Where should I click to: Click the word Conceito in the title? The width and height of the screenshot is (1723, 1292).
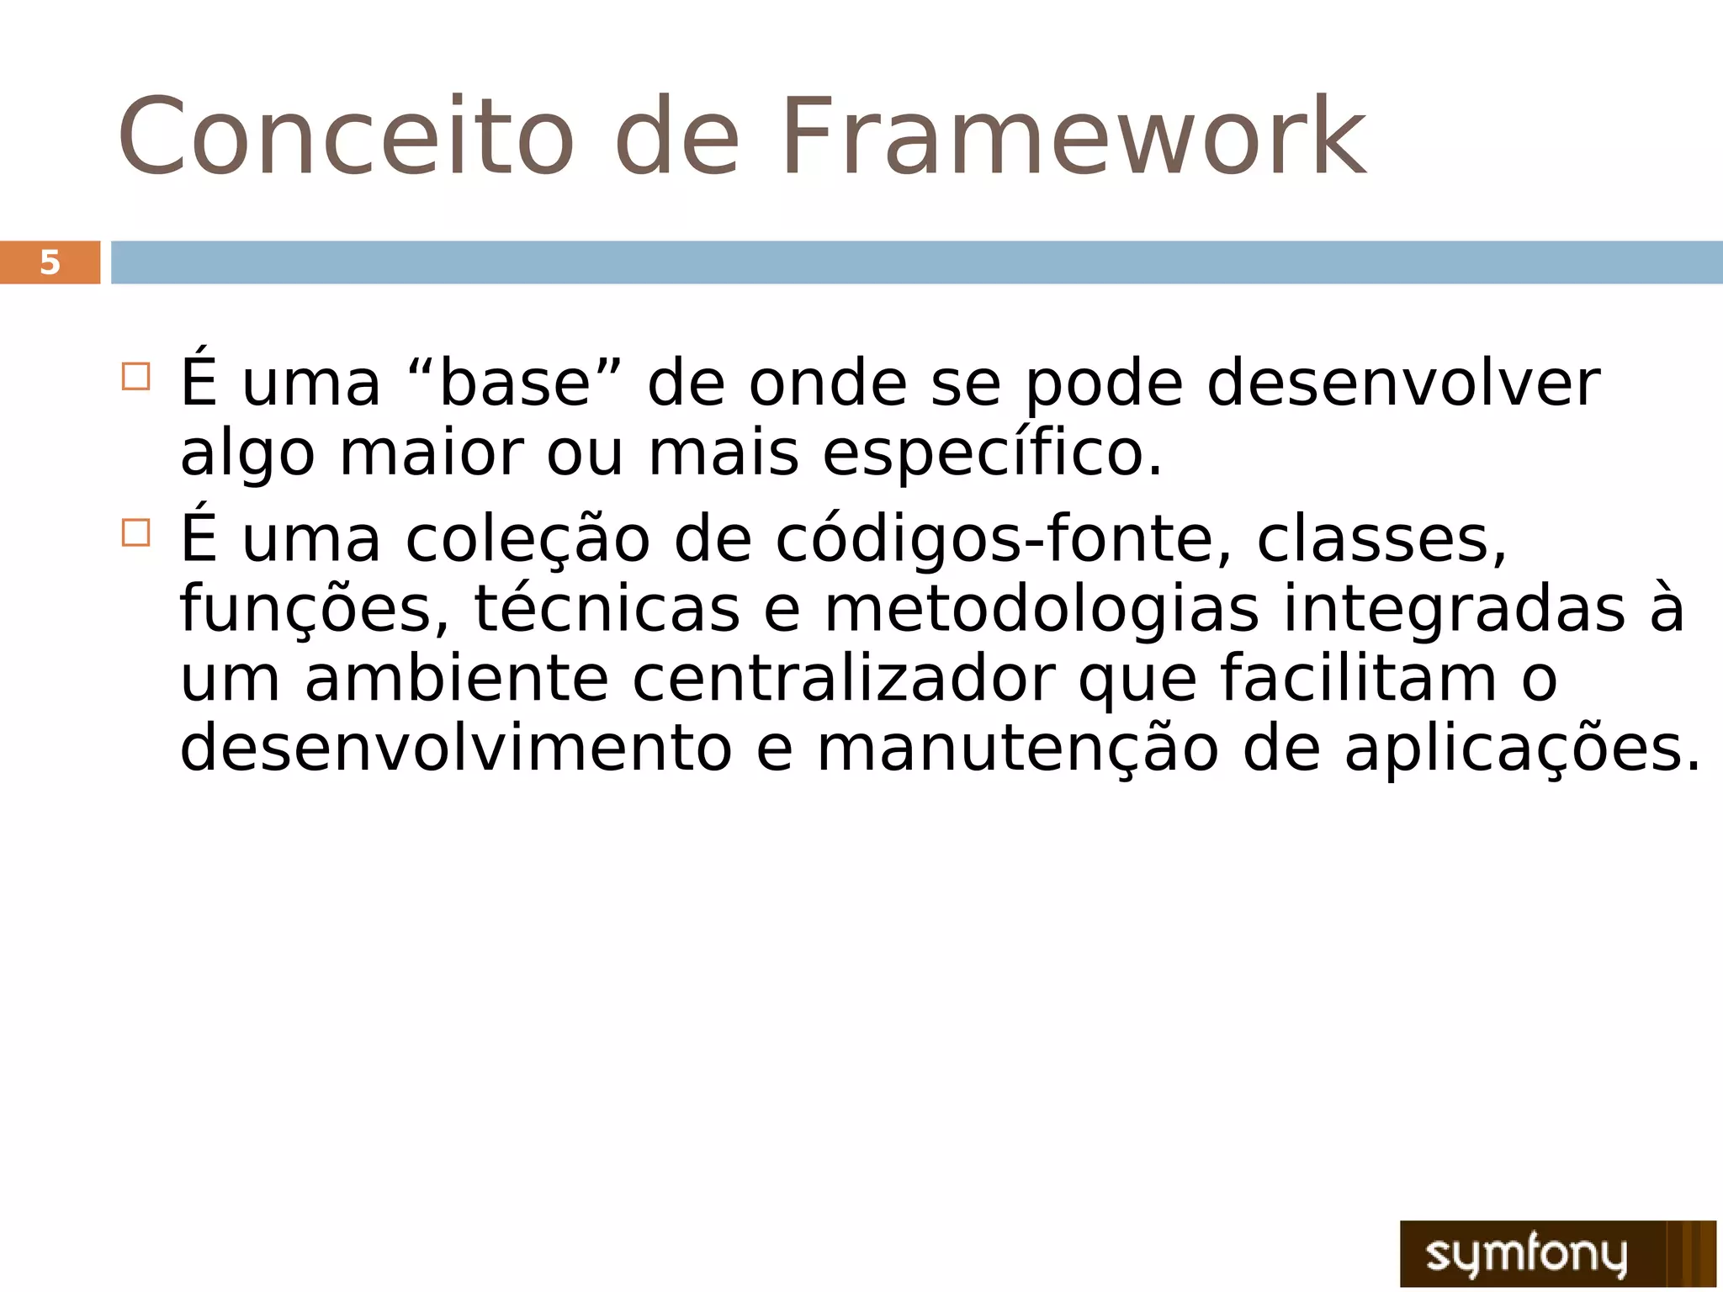[x=345, y=137]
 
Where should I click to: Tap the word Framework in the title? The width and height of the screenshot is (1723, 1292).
[x=1074, y=137]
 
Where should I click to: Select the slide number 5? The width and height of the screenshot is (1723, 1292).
[x=50, y=262]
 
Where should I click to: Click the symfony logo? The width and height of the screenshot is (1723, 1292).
[x=1557, y=1252]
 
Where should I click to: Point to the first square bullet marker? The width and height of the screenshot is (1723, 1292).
[x=135, y=376]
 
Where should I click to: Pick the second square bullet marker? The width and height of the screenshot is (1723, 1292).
[x=135, y=532]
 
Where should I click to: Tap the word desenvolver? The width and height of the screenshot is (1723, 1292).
[x=1402, y=384]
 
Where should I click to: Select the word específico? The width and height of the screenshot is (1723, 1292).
[x=991, y=455]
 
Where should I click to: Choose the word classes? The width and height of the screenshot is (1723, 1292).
[x=1381, y=539]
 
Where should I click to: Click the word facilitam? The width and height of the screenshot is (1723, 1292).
[x=1358, y=679]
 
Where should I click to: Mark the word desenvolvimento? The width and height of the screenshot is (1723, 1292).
[x=456, y=749]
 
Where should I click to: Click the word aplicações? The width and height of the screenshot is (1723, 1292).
[x=1522, y=749]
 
